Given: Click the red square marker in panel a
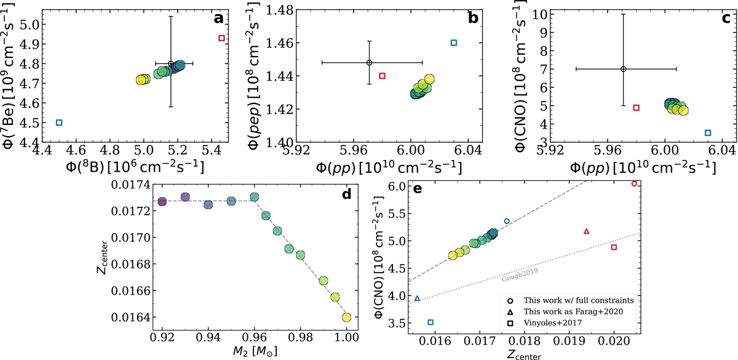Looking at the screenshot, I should [221, 38].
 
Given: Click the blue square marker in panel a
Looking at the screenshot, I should [59, 122].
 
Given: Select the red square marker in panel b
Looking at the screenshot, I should [382, 76].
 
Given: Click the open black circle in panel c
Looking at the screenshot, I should [623, 69].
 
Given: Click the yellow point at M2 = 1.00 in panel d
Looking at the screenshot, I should [346, 317].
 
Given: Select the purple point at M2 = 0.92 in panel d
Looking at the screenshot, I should [162, 202].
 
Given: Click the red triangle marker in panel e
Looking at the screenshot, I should [586, 231].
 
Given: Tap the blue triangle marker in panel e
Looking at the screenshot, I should [418, 298].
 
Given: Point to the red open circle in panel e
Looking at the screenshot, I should [634, 183].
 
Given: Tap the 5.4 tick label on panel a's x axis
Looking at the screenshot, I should [212, 150].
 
